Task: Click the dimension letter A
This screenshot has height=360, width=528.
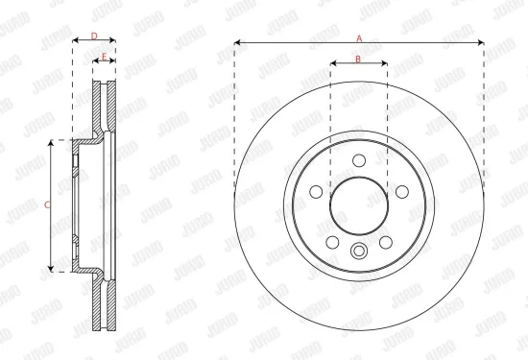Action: click(x=358, y=37)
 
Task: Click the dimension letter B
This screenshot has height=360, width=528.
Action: click(x=358, y=59)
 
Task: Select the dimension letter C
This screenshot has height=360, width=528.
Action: click(x=48, y=204)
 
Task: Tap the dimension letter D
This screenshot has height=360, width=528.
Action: click(x=94, y=36)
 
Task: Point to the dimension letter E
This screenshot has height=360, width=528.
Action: click(x=104, y=57)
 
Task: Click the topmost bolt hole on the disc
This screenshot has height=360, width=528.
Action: click(x=359, y=161)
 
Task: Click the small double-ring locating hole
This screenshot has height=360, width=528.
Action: click(x=359, y=253)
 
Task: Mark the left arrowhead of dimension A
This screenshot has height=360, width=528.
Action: click(x=237, y=44)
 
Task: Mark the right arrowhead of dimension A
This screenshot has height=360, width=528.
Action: click(x=481, y=44)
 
